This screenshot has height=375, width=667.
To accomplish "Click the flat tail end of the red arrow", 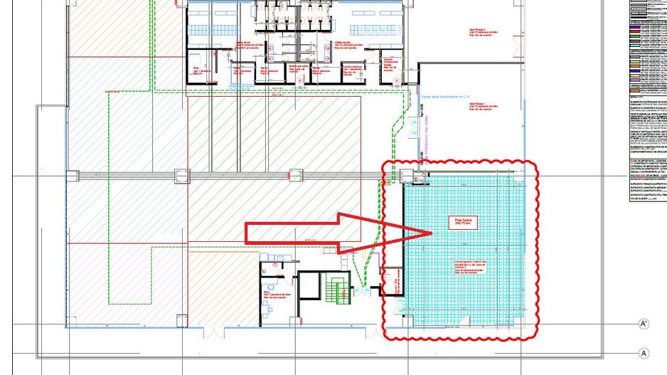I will point(247,233).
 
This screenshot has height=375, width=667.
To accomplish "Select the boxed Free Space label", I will point(464,223).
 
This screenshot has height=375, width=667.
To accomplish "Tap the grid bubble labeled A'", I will point(644,324).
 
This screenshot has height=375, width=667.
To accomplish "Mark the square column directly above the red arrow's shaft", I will point(293,174).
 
